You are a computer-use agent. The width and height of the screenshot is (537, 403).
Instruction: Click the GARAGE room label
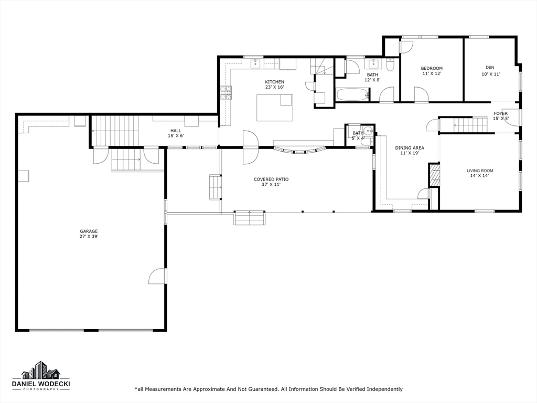click(x=89, y=231)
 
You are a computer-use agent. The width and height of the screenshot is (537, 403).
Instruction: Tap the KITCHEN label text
click(x=274, y=82)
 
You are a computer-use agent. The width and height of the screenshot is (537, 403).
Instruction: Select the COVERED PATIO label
click(x=271, y=179)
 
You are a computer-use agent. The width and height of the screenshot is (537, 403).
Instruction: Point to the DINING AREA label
click(x=410, y=148)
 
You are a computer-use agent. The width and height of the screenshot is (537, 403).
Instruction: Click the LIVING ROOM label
click(x=480, y=171)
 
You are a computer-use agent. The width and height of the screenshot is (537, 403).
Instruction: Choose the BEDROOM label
click(x=432, y=68)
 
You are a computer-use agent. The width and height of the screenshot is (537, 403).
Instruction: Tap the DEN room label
click(x=490, y=68)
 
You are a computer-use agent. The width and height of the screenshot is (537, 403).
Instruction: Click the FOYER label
click(x=500, y=113)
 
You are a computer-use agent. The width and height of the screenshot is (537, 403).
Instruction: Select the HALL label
click(x=176, y=131)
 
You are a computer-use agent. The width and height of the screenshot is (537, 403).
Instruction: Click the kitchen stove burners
click(x=225, y=93)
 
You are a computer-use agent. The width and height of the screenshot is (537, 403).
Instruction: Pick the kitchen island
click(x=275, y=108)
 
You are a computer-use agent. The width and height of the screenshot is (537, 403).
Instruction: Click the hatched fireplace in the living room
click(x=434, y=175)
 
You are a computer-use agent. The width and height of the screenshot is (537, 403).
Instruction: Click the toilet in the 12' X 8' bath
click(x=390, y=65)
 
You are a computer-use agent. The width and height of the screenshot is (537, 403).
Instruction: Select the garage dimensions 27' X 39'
click(x=89, y=237)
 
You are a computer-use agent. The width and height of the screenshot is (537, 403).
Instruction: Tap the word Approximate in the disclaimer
click(x=208, y=389)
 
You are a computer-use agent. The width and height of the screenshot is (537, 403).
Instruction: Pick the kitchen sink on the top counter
click(x=255, y=63)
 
